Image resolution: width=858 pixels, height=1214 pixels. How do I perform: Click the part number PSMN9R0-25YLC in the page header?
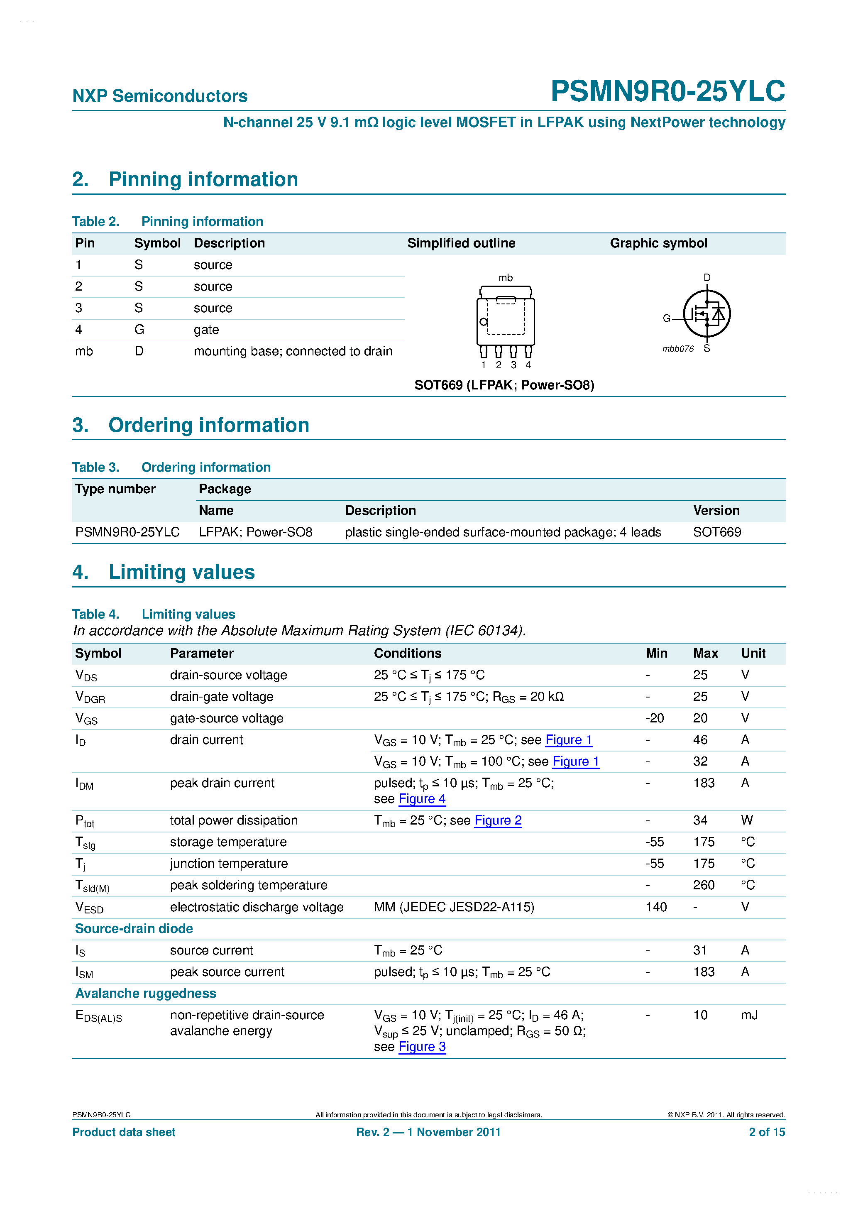click(668, 91)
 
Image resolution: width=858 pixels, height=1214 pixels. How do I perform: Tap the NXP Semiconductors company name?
click(160, 96)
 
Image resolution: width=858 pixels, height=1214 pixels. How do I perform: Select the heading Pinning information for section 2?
click(203, 179)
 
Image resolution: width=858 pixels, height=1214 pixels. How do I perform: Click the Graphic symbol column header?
click(658, 243)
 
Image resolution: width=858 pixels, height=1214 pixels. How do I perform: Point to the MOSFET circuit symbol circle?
click(707, 313)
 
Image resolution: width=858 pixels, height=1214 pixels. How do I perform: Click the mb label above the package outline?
click(506, 278)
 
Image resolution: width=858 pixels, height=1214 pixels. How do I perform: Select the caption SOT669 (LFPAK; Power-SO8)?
click(504, 385)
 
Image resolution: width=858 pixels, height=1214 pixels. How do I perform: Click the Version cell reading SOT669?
click(717, 532)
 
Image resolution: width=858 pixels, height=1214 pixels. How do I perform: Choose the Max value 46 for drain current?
click(700, 740)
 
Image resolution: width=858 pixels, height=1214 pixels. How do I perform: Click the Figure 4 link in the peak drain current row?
click(422, 799)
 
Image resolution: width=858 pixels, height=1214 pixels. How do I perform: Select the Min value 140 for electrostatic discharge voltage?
click(656, 907)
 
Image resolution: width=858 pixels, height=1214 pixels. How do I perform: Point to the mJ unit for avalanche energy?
click(749, 1015)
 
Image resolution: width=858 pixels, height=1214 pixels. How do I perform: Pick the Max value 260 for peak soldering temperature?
click(704, 885)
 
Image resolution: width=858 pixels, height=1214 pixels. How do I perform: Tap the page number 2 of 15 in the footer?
click(767, 1132)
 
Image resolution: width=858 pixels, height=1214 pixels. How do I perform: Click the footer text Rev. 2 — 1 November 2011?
click(428, 1132)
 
